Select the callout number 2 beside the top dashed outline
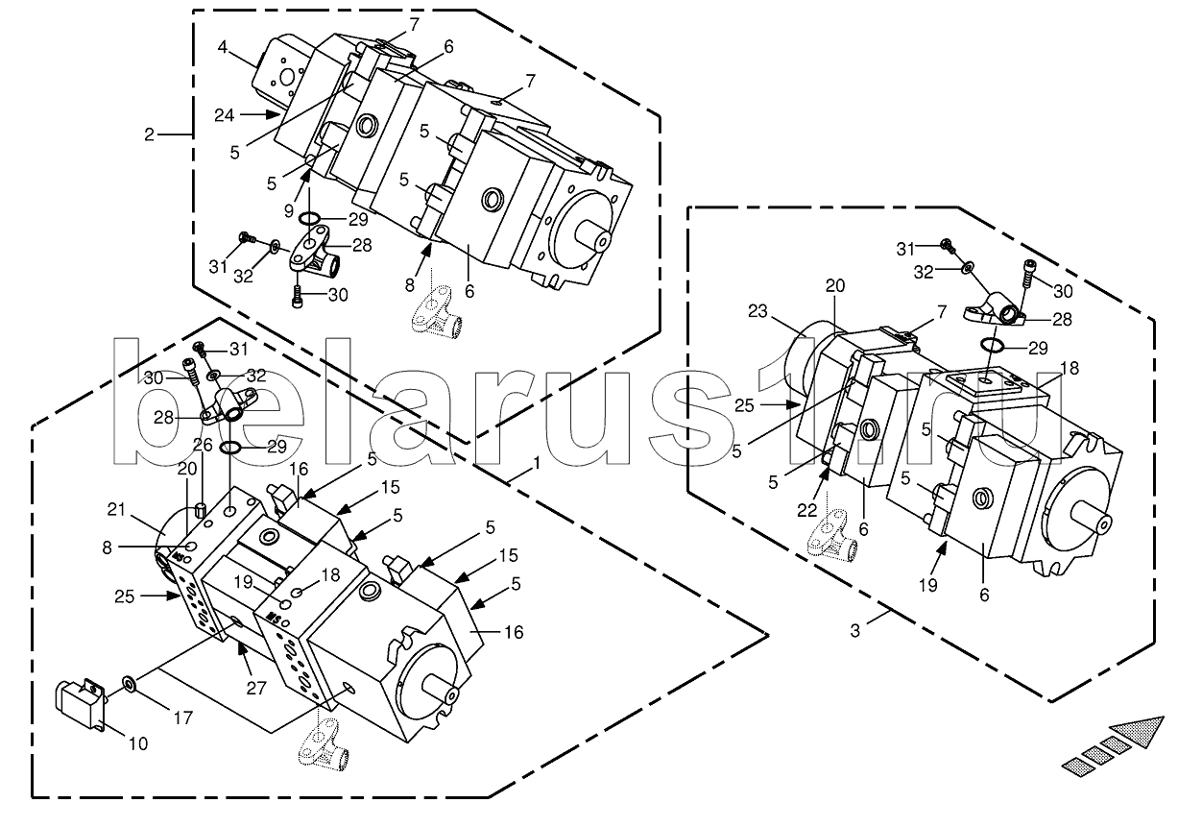(149, 134)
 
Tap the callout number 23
(758, 311)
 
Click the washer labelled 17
(128, 685)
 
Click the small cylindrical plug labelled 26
(203, 507)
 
